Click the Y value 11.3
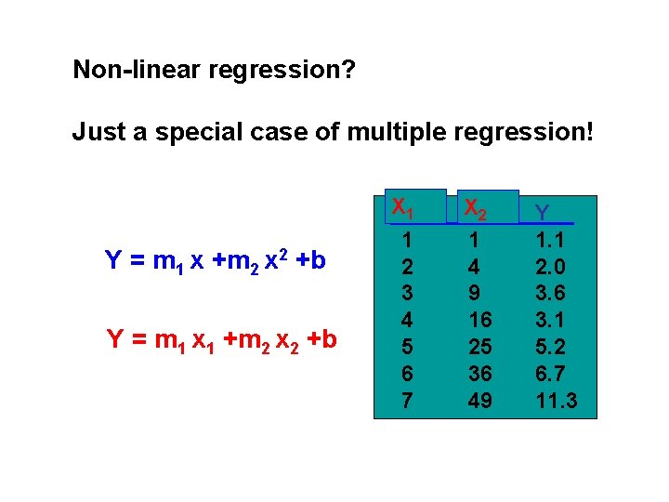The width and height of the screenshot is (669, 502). click(557, 401)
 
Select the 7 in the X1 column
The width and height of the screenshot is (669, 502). click(405, 401)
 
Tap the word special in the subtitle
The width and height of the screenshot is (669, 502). click(204, 133)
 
